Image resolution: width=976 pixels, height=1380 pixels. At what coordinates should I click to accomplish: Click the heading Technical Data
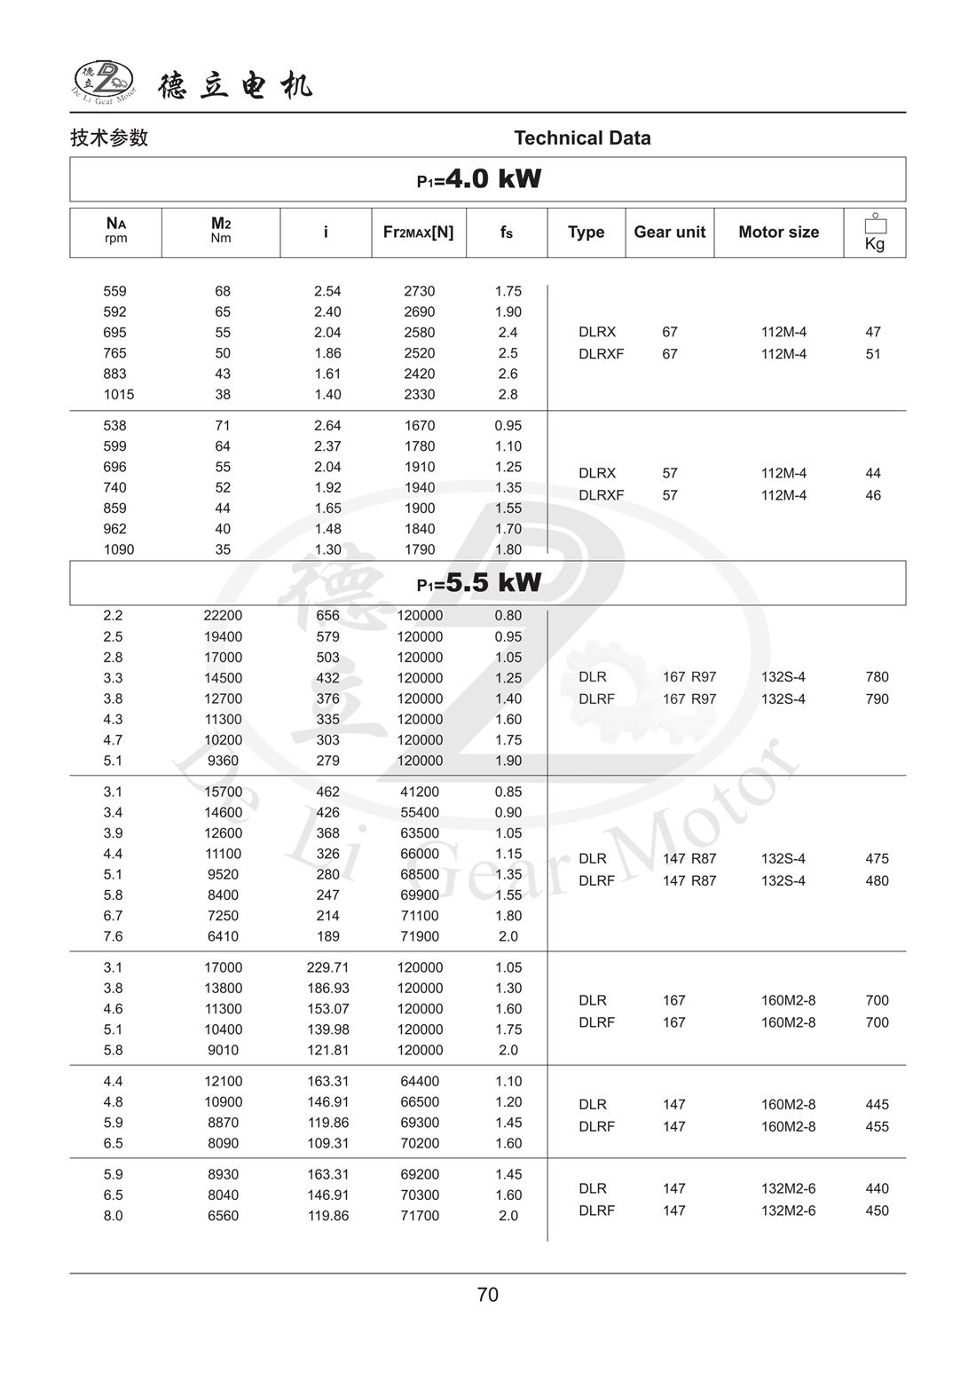[582, 138]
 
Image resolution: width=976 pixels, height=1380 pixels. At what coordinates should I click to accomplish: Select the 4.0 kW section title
[479, 179]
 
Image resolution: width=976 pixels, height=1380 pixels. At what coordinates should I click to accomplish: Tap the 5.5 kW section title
[479, 583]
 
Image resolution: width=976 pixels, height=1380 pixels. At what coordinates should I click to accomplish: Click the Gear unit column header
[669, 233]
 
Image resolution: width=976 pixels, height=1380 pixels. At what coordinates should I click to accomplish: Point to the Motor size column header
[778, 233]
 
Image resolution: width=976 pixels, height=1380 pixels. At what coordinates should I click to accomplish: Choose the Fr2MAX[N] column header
[418, 233]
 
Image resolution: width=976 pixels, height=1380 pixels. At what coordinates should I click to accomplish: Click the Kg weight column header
[874, 233]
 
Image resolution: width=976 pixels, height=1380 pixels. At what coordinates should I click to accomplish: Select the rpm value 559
[114, 291]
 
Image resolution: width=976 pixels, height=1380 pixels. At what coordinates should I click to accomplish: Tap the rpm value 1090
[118, 549]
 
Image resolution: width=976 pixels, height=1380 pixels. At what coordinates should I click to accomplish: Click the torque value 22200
[223, 616]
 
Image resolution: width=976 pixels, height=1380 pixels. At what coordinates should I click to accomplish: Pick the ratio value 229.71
[327, 967]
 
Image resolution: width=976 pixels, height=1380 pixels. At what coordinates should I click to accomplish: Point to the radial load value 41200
[420, 792]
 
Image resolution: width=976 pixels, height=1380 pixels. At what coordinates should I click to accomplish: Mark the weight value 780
[877, 677]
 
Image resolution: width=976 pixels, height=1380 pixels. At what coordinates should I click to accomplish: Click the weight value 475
[877, 859]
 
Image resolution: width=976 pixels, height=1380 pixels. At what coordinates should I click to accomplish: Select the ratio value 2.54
[327, 291]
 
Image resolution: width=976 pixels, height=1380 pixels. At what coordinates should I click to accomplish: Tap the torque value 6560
[223, 1216]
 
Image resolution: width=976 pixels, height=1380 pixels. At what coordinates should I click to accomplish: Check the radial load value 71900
[420, 936]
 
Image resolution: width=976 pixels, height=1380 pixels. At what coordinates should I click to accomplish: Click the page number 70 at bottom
[488, 1295]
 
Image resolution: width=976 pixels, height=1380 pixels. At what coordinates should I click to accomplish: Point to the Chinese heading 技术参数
[109, 138]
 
